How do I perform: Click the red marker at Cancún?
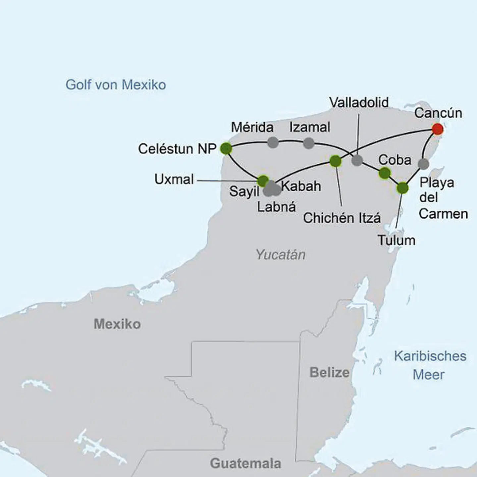coord(438,129)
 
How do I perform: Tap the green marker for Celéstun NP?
coord(226,148)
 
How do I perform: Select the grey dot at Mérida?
coord(273,142)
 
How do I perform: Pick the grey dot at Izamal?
coord(309,143)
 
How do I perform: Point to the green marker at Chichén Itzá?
coord(336,161)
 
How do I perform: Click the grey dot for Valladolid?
coord(357,160)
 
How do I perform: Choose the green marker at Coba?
coord(385,173)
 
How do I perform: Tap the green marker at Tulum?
coord(402,188)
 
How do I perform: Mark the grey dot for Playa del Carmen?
coord(423,164)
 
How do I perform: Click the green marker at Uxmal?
coord(263,181)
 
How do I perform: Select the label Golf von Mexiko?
coord(116,85)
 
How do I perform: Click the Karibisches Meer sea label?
coord(430,365)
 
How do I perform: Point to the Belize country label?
coord(329,372)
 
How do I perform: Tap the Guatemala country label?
coord(245,463)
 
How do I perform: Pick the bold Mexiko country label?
coord(117,324)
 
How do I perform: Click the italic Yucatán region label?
coord(281,254)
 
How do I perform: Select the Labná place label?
coord(276,207)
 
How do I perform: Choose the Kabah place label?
coord(301,186)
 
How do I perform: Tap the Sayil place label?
coord(244,191)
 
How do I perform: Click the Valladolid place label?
coord(359,103)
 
